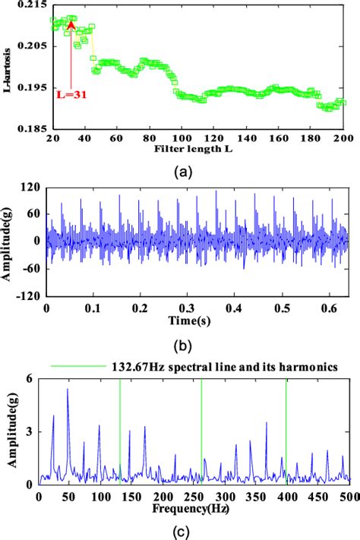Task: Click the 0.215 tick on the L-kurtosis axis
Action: tap(33, 5)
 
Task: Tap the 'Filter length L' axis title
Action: tap(197, 152)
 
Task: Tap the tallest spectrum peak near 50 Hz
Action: tap(68, 390)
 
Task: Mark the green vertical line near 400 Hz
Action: tap(286, 433)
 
